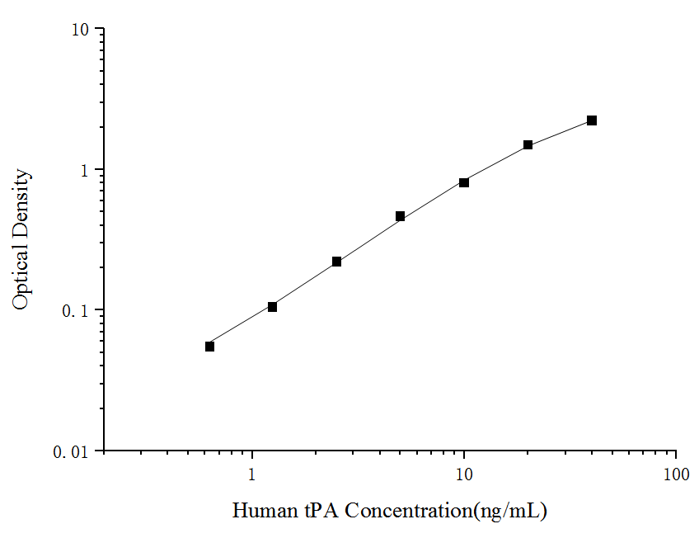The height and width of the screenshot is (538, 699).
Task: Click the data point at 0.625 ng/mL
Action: tap(209, 347)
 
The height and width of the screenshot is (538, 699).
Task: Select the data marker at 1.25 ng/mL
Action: tap(273, 307)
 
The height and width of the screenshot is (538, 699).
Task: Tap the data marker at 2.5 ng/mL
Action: tap(336, 262)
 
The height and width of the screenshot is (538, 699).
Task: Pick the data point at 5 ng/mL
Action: tap(400, 216)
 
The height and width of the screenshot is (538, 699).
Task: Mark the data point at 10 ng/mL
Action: tap(464, 182)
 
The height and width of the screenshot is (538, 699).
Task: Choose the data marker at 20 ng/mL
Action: tap(528, 145)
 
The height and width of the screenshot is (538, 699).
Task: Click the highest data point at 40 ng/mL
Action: tap(592, 120)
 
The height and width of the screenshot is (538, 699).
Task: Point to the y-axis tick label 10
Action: tap(80, 30)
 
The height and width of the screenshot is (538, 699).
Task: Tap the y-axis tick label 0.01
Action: tap(73, 452)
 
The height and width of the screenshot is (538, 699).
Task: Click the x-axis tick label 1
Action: tap(252, 475)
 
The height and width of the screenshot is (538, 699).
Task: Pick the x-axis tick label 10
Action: tap(464, 475)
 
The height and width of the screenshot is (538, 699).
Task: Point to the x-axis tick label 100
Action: tap(676, 475)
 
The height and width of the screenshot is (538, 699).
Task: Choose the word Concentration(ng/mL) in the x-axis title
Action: tap(446, 512)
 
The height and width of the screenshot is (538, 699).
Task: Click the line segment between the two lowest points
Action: tap(241, 327)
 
